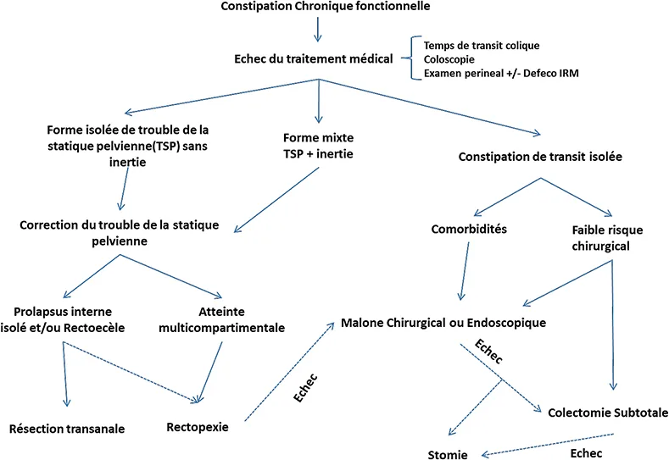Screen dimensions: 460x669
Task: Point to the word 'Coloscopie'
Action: coord(449,58)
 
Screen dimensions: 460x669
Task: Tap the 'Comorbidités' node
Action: coord(464,229)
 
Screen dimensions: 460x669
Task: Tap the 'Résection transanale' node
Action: coord(68,429)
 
